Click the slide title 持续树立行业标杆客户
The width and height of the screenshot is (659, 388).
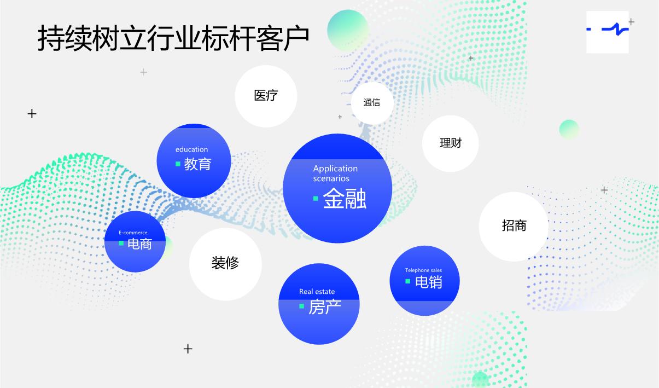click(173, 38)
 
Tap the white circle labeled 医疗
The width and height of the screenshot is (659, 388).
click(266, 96)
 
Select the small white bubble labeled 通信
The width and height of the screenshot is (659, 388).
click(372, 102)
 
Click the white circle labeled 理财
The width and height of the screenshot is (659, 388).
click(451, 143)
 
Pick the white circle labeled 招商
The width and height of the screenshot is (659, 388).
click(514, 225)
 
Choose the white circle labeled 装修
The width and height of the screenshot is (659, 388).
click(225, 263)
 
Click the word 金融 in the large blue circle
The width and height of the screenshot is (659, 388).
click(345, 199)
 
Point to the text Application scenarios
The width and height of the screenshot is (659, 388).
click(335, 173)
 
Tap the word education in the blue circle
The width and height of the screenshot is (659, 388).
click(191, 149)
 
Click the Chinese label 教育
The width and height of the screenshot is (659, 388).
click(197, 164)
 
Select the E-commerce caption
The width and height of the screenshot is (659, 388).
click(133, 233)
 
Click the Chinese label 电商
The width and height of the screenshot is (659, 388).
click(139, 244)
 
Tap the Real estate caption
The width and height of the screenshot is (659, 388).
click(317, 292)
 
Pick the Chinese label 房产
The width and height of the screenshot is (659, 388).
click(325, 307)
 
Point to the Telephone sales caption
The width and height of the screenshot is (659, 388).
click(423, 270)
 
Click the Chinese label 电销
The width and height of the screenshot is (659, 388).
click(429, 282)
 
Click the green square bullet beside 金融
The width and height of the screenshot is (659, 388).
click(316, 198)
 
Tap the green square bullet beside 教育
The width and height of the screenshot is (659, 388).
click(178, 164)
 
